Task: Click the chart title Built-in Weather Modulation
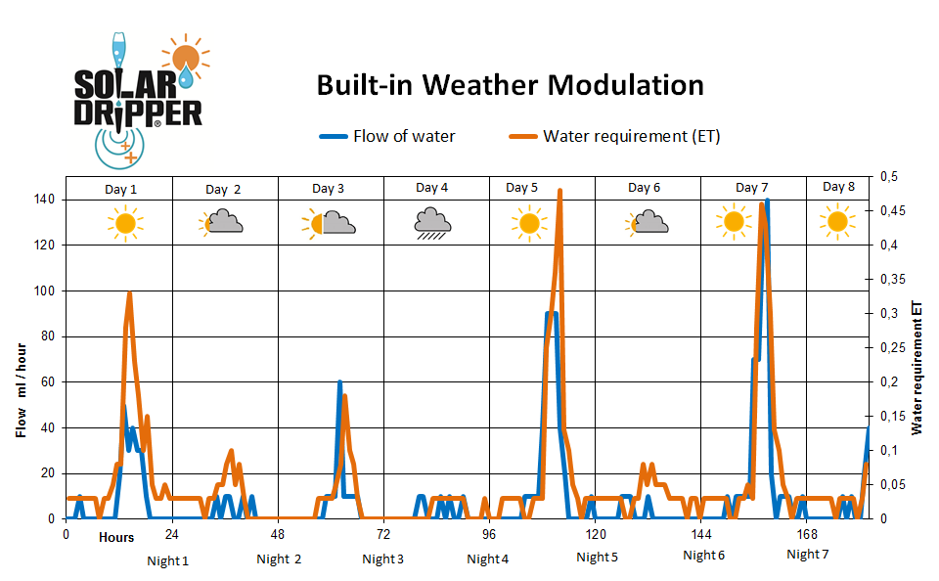pyautogui.click(x=510, y=85)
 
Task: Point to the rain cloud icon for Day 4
pyautogui.click(x=431, y=224)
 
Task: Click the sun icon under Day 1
pyautogui.click(x=124, y=224)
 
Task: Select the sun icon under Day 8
pyautogui.click(x=836, y=222)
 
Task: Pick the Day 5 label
pyautogui.click(x=521, y=188)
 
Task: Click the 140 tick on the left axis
pyautogui.click(x=44, y=200)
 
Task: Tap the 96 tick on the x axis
pyautogui.click(x=489, y=535)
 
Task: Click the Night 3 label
pyautogui.click(x=382, y=559)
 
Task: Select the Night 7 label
pyautogui.click(x=807, y=555)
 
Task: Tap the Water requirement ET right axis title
pyautogui.click(x=917, y=367)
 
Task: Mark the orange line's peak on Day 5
pyautogui.click(x=559, y=191)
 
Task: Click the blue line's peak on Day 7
pyautogui.click(x=767, y=200)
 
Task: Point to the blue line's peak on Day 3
pyautogui.click(x=339, y=381)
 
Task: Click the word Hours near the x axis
pyautogui.click(x=115, y=537)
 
